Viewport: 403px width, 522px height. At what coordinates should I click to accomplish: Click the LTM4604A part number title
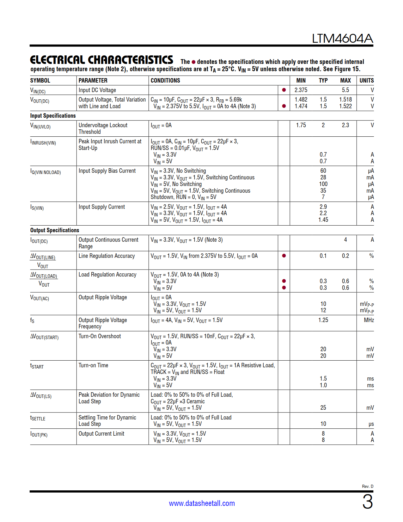342,39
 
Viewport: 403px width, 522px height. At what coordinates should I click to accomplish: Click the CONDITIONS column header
165,81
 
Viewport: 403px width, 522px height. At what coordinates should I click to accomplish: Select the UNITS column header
366,81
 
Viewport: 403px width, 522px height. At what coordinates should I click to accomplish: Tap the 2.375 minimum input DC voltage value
301,90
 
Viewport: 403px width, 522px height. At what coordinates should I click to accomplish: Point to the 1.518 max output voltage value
345,100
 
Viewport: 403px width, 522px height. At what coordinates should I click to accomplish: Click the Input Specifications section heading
53,116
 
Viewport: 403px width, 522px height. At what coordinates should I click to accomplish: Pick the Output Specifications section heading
55,230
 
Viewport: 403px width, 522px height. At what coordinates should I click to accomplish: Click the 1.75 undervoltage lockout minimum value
301,125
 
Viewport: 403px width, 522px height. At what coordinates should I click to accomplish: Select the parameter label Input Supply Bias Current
107,171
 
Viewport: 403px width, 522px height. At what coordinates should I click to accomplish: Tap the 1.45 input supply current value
323,220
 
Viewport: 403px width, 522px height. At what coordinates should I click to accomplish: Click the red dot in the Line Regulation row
284,256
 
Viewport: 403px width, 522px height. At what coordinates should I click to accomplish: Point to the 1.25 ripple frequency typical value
323,320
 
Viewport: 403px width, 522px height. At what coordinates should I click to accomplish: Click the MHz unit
369,320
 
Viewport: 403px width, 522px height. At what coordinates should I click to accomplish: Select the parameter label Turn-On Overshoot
100,336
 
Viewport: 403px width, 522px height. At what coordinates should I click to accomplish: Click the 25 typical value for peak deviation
323,408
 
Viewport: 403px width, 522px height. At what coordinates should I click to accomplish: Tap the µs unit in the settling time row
371,424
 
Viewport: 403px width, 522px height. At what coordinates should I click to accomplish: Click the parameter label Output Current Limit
101,434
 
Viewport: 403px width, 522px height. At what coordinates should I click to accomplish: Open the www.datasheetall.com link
202,503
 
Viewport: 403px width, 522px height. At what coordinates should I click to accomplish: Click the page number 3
367,502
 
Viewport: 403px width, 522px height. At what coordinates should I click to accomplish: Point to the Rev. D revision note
367,486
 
